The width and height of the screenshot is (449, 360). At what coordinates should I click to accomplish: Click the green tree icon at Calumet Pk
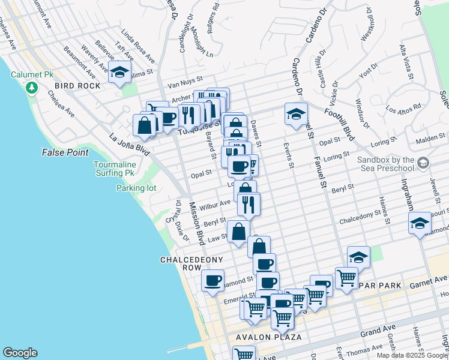pos(31,88)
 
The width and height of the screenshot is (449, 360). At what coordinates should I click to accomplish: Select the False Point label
pos(65,153)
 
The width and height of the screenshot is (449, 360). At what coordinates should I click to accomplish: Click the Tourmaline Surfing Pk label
pos(119,169)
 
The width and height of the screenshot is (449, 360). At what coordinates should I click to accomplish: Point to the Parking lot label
pos(136,188)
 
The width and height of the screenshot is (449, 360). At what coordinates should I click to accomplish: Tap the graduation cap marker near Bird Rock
pos(120,73)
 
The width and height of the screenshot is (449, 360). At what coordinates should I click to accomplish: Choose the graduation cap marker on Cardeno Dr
pos(296,113)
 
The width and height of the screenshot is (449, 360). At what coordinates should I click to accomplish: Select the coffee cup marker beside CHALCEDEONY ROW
pos(212,280)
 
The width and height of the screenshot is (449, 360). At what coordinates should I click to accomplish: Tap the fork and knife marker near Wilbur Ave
pos(248,204)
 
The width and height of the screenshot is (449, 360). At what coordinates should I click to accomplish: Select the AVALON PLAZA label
pos(262,337)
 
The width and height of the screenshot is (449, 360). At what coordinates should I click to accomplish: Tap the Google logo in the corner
pos(20,353)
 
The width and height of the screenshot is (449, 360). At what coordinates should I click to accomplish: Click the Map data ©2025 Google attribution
pos(412,355)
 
